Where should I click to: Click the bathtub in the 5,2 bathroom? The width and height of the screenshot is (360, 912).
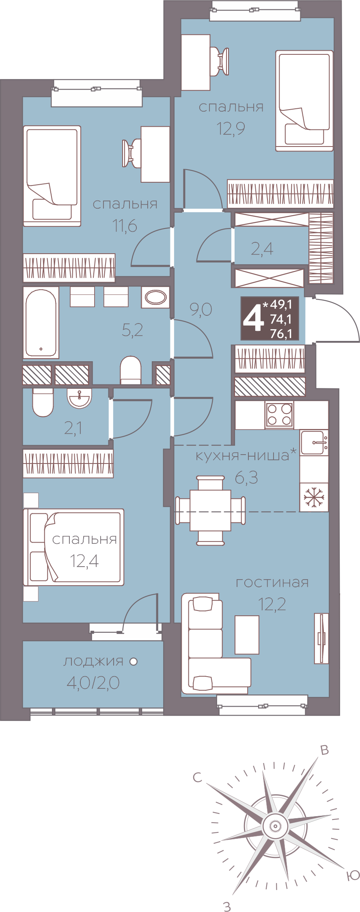coord(41,323)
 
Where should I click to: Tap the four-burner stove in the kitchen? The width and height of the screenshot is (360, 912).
coord(279,415)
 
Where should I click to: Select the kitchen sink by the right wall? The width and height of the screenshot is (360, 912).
coord(314,442)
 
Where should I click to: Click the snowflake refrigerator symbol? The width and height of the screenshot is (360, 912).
coord(314,497)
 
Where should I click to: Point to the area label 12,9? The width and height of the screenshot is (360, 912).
coord(231,129)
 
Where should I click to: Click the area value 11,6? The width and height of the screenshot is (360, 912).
coord(125,226)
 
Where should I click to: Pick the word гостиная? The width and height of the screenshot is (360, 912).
coord(272,583)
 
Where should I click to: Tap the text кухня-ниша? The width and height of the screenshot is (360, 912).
coord(242,455)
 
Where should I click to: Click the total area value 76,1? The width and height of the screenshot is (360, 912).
coord(281,334)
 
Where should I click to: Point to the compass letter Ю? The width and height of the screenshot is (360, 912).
coord(353,875)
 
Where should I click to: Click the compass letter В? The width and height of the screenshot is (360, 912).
coord(324,750)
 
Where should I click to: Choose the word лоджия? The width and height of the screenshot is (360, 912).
coord(93,662)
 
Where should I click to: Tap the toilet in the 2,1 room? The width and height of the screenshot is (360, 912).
coord(43,403)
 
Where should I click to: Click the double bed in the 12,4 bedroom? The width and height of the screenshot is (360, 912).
coord(74,547)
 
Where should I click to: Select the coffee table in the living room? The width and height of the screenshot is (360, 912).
coord(247,634)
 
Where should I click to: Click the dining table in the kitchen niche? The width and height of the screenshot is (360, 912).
coord(210,510)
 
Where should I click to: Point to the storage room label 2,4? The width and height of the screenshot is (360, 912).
coord(262,249)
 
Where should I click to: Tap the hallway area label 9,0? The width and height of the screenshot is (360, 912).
coord(201,310)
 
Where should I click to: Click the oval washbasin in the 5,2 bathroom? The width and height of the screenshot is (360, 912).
coord(155,298)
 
